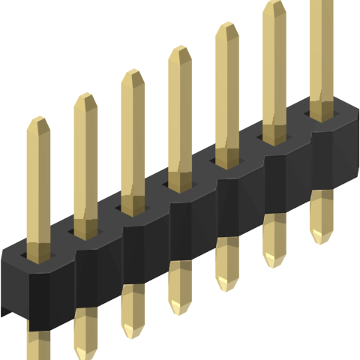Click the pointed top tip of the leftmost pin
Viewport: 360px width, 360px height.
pyautogui.click(x=38, y=118)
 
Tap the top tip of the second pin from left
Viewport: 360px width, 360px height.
pyautogui.click(x=85, y=95)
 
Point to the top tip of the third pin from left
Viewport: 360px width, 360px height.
pyautogui.click(x=133, y=72)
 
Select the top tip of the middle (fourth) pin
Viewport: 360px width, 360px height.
pyautogui.click(x=179, y=48)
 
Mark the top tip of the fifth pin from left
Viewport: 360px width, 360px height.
pyautogui.click(x=226, y=25)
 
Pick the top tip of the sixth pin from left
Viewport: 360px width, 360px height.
pyautogui.click(x=274, y=2)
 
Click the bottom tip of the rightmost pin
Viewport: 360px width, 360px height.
pyautogui.click(x=322, y=238)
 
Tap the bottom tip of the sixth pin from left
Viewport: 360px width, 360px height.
pyautogui.click(x=274, y=262)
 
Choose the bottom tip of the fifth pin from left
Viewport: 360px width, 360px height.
pyautogui.click(x=227, y=286)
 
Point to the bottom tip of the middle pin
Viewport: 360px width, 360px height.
pyautogui.click(x=180, y=309)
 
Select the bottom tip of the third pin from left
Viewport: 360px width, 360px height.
pyautogui.click(x=133, y=333)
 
